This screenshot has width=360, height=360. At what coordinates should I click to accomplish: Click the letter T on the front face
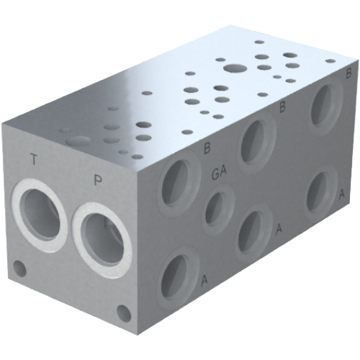(34, 159)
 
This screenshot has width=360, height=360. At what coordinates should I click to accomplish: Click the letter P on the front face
(97, 179)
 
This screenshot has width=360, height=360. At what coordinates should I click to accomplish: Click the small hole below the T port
(21, 271)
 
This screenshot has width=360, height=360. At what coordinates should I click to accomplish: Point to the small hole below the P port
(124, 312)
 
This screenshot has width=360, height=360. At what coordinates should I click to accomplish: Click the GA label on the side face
(220, 173)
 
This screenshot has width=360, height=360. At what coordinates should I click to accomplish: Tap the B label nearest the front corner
(207, 149)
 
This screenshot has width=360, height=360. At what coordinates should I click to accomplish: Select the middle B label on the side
(283, 107)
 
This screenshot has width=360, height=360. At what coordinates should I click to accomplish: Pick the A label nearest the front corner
(204, 279)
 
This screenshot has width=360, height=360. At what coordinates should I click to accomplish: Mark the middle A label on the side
(279, 228)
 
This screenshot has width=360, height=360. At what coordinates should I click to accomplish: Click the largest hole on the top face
(233, 70)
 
